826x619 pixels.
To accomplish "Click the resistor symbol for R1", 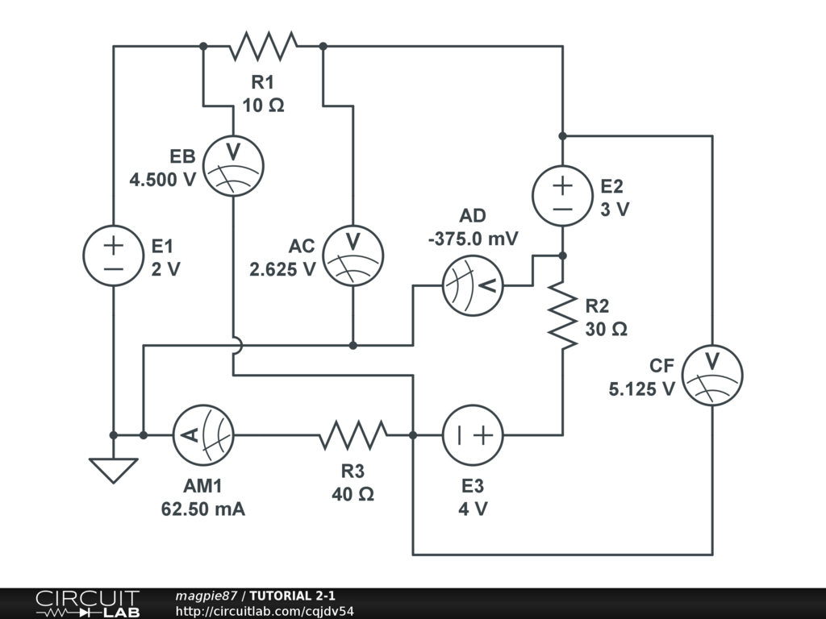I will [263, 46].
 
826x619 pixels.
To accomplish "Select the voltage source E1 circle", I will [114, 255].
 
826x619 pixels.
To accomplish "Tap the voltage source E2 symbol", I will [562, 196].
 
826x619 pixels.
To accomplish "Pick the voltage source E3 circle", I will [473, 435].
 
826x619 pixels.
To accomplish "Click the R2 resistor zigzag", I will [562, 314].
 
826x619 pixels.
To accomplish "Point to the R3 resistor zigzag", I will [353, 435].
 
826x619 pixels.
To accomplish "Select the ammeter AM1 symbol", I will [203, 435].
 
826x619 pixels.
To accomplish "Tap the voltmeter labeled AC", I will [353, 255].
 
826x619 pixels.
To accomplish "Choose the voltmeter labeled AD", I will [473, 285].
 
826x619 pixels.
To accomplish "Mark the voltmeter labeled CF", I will [712, 375].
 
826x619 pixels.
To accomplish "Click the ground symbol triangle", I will [114, 469].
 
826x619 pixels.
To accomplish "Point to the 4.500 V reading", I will [163, 180].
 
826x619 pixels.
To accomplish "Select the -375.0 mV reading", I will [473, 239].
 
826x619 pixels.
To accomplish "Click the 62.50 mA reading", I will [203, 509].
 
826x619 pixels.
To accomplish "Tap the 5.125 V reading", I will [642, 388].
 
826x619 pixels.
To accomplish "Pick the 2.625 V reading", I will [282, 270].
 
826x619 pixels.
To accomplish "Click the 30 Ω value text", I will [607, 329].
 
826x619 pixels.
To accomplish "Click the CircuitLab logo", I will [87, 604].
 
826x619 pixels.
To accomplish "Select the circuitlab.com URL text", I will [265, 611].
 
